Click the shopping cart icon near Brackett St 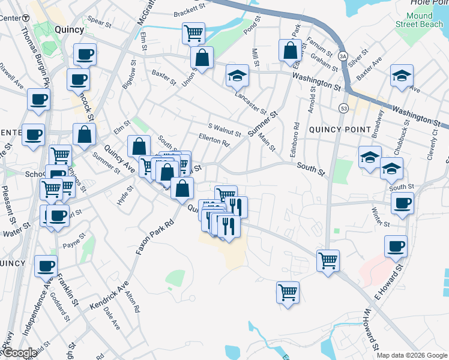click(x=193, y=32)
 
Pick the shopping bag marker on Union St click(x=202, y=58)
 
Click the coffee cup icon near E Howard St click(x=396, y=245)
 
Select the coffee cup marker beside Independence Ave click(x=46, y=265)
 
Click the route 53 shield click(x=343, y=109)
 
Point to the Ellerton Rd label click(x=218, y=143)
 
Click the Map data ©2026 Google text click(x=412, y=355)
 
